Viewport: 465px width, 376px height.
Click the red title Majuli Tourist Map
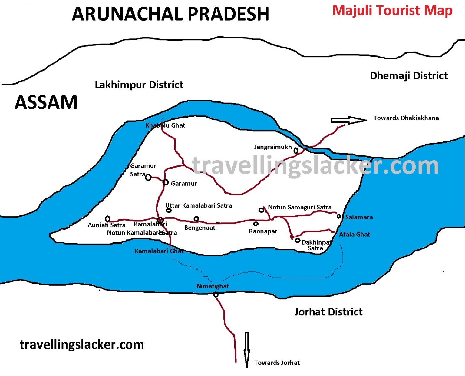coord(392,11)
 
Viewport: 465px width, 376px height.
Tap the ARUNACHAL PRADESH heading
coord(170,14)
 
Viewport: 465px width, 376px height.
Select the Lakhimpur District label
coord(139,85)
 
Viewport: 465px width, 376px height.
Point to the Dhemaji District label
coord(409,76)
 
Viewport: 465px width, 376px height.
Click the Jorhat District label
coord(328,312)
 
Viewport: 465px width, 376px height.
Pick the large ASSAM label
coord(46,102)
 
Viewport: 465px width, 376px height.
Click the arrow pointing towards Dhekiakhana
coord(348,120)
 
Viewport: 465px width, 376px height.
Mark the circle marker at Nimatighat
coord(216,294)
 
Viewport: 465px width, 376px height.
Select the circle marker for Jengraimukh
coord(296,150)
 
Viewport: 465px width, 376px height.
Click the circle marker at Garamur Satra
coord(148,177)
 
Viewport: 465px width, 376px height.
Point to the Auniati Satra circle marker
coord(107,218)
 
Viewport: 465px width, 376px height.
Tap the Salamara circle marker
coord(339,216)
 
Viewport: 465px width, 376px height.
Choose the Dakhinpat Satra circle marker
coord(298,240)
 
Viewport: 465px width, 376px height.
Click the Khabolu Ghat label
coord(165,125)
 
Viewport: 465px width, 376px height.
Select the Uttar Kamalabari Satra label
coord(199,205)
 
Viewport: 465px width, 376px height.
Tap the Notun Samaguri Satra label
coord(300,207)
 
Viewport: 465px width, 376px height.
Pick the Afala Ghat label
coord(355,235)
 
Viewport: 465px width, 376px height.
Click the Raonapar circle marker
coord(256,224)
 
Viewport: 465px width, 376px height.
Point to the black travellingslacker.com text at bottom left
coord(82,345)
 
